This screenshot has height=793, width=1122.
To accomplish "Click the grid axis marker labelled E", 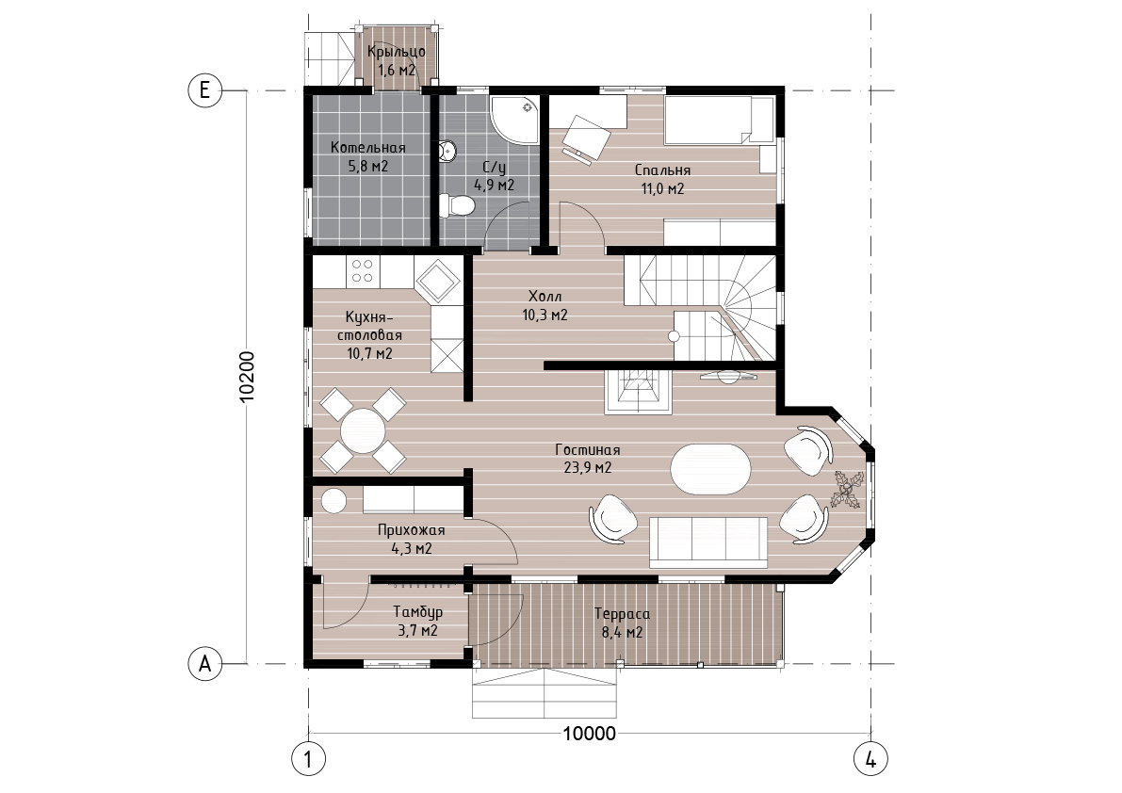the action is (x=204, y=90).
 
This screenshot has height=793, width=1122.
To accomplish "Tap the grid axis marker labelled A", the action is (x=204, y=664).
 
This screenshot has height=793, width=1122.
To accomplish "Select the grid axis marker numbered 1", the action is (x=308, y=759).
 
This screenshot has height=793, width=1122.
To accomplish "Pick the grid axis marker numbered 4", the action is (x=870, y=759).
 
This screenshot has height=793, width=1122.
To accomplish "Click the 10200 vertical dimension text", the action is (x=247, y=377).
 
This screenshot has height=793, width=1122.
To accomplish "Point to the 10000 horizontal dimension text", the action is (x=589, y=734).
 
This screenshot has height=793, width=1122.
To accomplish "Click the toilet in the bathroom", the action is (x=457, y=206).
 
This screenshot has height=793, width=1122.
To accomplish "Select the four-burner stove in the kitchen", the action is (x=362, y=270).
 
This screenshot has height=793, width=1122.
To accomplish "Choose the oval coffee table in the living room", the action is (x=710, y=469).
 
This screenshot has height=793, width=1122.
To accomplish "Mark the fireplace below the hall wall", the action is (x=639, y=391).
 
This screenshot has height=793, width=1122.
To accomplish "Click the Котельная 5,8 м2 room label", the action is (x=367, y=157).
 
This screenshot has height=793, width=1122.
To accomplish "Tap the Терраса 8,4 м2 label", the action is (x=622, y=623).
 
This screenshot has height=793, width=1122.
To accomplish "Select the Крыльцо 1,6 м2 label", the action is (x=397, y=60).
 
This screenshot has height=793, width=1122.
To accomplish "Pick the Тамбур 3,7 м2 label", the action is (x=418, y=621).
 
